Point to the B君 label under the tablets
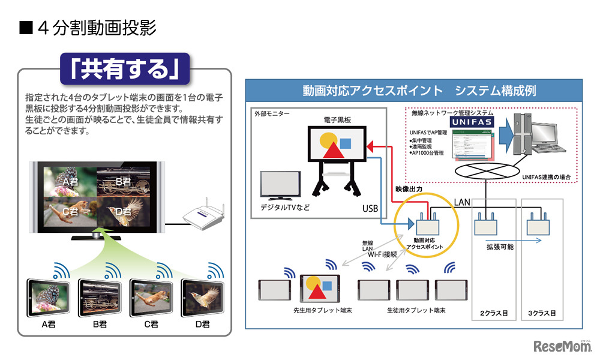click(x=100, y=325)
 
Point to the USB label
click(x=370, y=209)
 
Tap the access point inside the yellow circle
click(x=427, y=227)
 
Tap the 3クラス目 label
click(x=543, y=313)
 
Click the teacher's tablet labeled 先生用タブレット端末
click(x=320, y=290)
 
